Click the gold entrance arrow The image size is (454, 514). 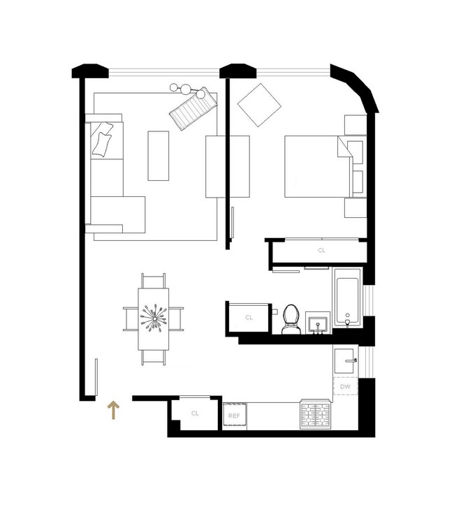pyautogui.click(x=112, y=410)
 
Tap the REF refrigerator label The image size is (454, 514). pyautogui.click(x=234, y=416)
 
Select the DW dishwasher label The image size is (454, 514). pyautogui.click(x=345, y=386)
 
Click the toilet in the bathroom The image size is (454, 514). pyautogui.click(x=290, y=321)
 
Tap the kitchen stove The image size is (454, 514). pyautogui.click(x=314, y=415)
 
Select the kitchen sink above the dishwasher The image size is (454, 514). pyautogui.click(x=345, y=362)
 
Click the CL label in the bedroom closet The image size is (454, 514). pyautogui.click(x=321, y=250)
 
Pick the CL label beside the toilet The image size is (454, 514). pyautogui.click(x=249, y=317)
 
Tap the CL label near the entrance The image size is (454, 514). pyautogui.click(x=195, y=413)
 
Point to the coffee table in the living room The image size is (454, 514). pyautogui.click(x=159, y=155)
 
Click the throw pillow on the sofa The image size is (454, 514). pyautogui.click(x=103, y=140)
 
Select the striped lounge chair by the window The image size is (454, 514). pyautogui.click(x=192, y=109)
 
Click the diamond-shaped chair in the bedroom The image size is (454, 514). pyautogui.click(x=259, y=105)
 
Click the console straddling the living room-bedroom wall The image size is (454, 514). pyautogui.click(x=227, y=166)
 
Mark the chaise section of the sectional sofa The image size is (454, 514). pyautogui.click(x=117, y=214)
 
